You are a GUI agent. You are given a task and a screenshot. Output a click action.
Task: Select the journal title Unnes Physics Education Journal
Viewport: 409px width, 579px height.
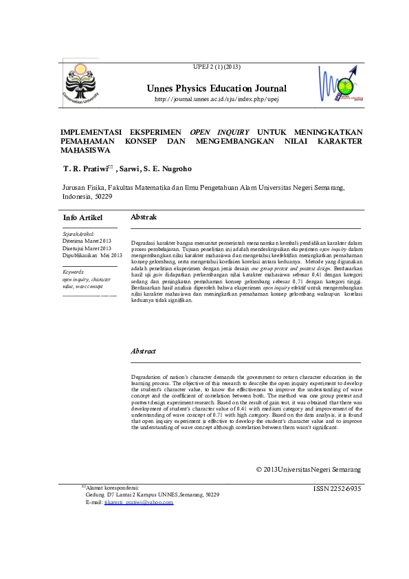(217, 89)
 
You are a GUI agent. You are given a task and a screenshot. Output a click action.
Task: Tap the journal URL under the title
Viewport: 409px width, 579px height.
(217, 99)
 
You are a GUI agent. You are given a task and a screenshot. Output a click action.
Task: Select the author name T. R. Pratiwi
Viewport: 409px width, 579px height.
(85, 168)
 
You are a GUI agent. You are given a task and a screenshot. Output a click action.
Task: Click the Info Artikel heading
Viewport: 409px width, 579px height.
(82, 218)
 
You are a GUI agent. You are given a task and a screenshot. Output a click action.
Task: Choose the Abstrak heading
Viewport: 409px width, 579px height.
(143, 217)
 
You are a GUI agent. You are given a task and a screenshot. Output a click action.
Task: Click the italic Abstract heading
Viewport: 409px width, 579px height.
(144, 351)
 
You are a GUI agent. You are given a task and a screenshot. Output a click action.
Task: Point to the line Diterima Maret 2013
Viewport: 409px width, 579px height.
(87, 241)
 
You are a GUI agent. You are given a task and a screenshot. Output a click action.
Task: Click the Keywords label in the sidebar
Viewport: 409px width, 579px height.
(71, 273)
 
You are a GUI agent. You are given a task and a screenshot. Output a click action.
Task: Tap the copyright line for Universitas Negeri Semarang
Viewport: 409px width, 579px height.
(308, 470)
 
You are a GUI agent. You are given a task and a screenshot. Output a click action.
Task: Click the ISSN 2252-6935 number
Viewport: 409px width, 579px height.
(337, 488)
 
